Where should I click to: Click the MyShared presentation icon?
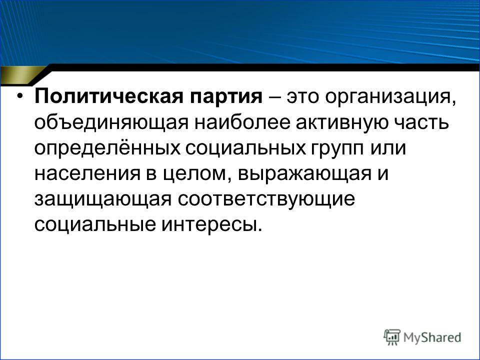click(x=392, y=337)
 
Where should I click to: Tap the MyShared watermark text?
click(x=432, y=337)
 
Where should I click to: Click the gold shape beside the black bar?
click(x=23, y=75)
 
